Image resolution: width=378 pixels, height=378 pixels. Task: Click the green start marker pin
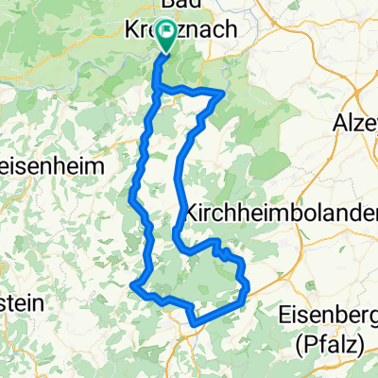tap(166, 36)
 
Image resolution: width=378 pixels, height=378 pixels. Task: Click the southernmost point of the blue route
tap(195, 324)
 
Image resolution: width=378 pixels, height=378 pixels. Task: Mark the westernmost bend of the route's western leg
tap(129, 196)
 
